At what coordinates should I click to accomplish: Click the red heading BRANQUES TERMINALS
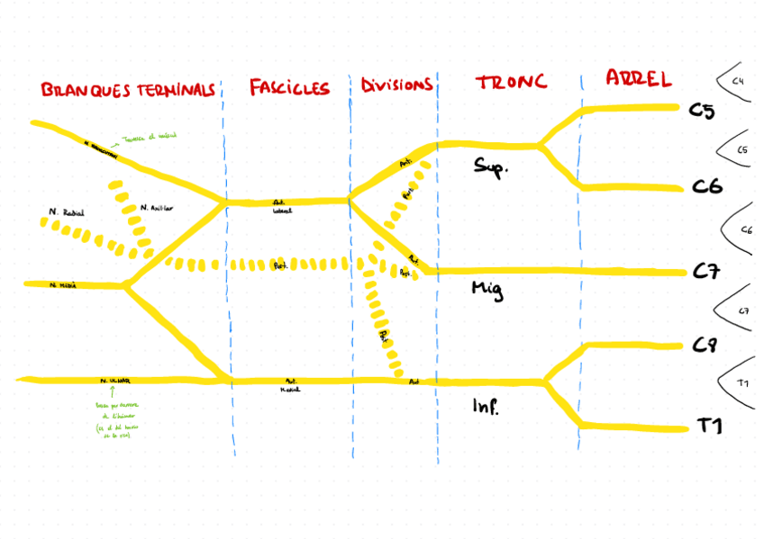(128, 90)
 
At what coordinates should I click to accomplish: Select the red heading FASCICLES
(288, 87)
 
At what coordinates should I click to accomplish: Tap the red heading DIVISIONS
(396, 85)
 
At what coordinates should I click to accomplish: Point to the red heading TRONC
(511, 83)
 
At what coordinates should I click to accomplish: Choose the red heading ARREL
(639, 78)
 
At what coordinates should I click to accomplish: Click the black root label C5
(702, 112)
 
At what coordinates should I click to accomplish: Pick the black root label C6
(706, 187)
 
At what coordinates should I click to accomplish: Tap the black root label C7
(706, 272)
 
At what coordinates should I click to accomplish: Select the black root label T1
(711, 427)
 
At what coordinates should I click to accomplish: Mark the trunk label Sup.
(492, 166)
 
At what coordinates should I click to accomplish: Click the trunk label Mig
(487, 289)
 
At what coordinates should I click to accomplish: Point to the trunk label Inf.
(485, 407)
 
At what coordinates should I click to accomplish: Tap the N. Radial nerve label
(66, 212)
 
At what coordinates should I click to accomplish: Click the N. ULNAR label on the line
(115, 381)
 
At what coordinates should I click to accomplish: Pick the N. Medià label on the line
(63, 284)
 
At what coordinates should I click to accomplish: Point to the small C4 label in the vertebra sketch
(738, 82)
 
